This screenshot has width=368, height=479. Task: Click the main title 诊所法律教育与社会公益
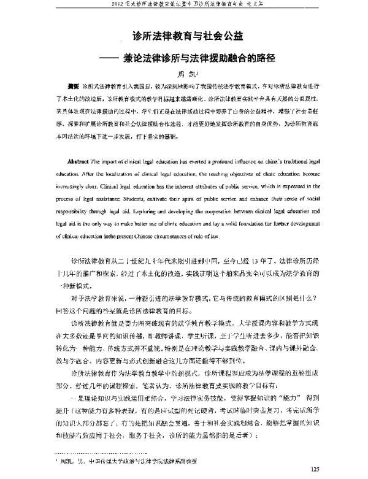(x=184, y=37)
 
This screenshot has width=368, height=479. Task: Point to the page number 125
(x=316, y=470)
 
